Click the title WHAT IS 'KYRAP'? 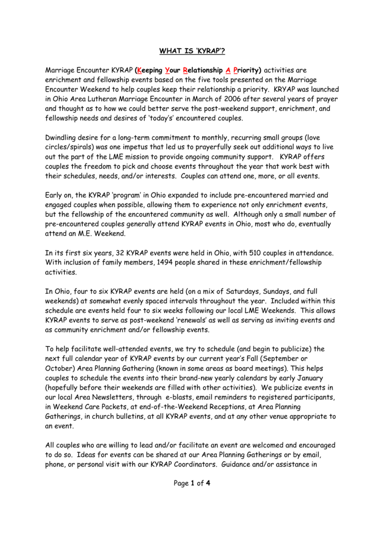(x=192, y=51)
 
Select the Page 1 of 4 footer (x=192, y=483)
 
